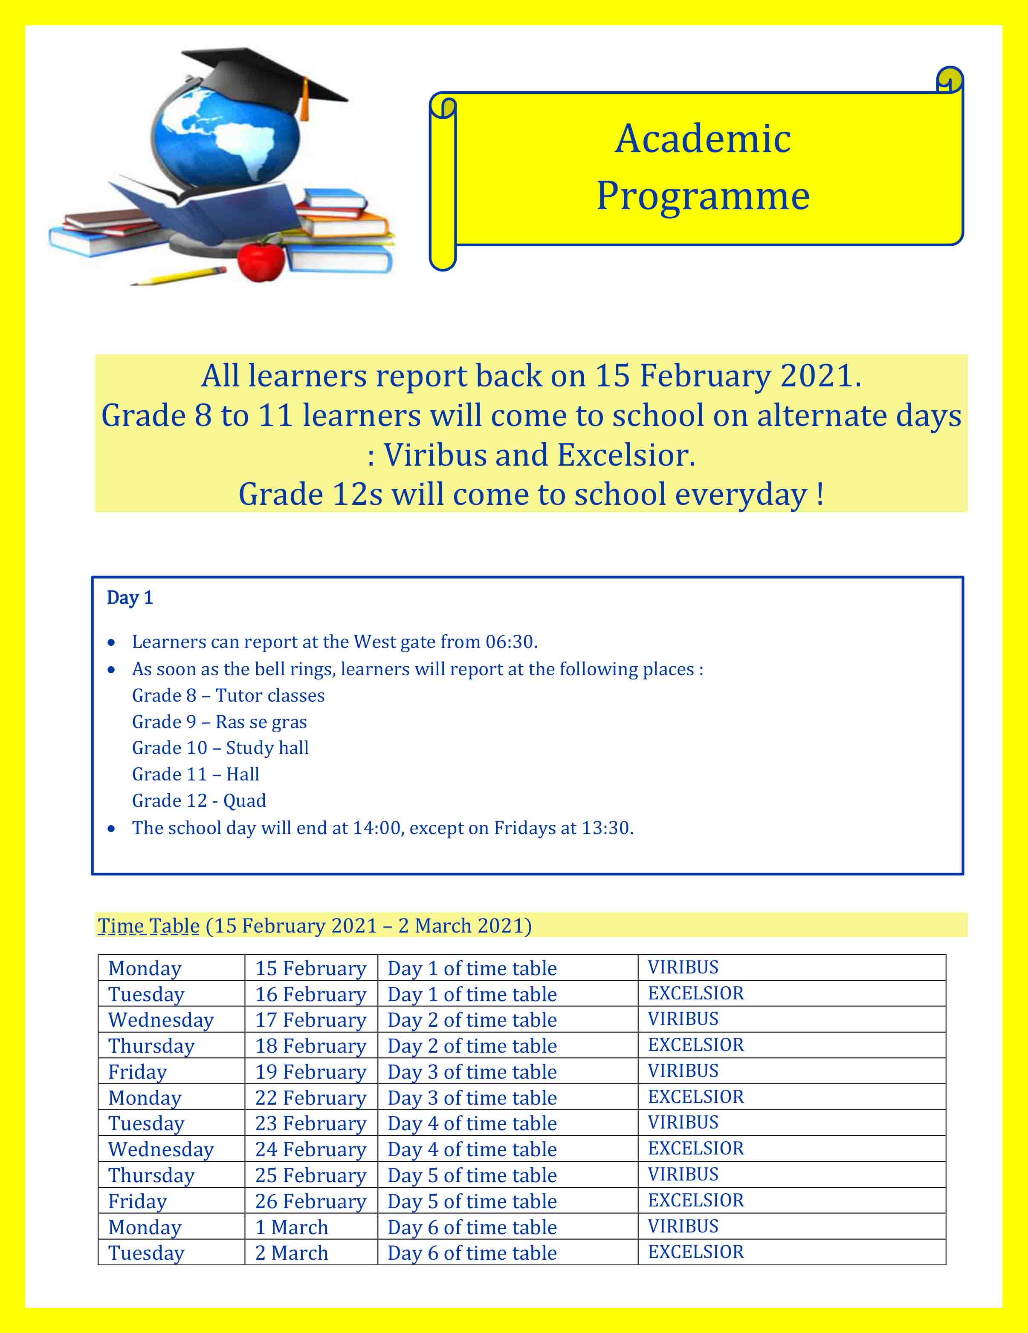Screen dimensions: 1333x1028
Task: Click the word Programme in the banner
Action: (x=702, y=196)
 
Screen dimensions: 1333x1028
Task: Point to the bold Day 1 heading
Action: (x=130, y=598)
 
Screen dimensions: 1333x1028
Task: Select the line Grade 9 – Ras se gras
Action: (x=219, y=722)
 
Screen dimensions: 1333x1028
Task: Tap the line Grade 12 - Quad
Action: (x=199, y=801)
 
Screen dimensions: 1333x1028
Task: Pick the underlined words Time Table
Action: (x=148, y=926)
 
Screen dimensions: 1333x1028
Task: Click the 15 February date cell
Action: (x=310, y=969)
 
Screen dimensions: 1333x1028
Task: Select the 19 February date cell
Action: (x=310, y=1072)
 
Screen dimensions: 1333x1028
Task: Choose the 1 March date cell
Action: (x=291, y=1227)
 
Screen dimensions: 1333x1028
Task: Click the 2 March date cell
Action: (x=291, y=1253)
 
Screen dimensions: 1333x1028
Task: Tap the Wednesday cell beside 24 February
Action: (x=161, y=1150)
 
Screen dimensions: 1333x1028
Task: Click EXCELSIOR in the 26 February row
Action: (x=696, y=1201)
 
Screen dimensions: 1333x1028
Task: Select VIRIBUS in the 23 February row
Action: (x=683, y=1123)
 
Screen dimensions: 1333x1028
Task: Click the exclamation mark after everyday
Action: (x=820, y=494)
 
